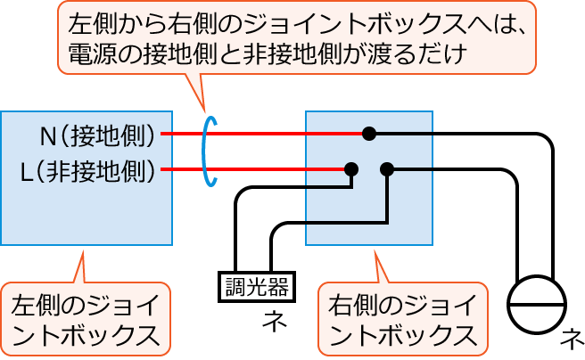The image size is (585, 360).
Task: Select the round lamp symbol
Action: coord(537,304)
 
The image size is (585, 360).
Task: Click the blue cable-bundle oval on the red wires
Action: coord(210,151)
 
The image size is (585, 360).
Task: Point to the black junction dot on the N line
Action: coord(368,134)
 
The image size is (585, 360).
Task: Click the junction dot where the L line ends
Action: coord(352,168)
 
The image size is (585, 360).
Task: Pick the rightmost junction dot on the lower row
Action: coord(387,168)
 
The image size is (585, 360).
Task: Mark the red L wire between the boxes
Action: coord(259,168)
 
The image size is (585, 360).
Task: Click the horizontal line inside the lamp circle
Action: coord(537,304)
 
